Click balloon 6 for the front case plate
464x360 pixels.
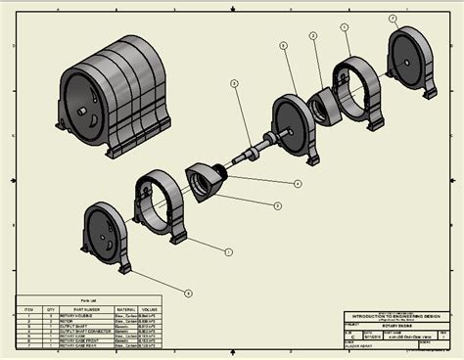click(188, 292)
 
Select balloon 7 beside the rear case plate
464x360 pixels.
click(392, 18)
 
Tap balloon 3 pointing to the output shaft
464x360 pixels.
click(234, 84)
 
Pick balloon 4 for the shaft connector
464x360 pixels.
click(298, 183)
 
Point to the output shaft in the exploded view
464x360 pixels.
click(256, 147)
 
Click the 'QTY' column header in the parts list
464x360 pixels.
click(45, 308)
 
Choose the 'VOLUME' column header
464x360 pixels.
click(150, 308)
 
